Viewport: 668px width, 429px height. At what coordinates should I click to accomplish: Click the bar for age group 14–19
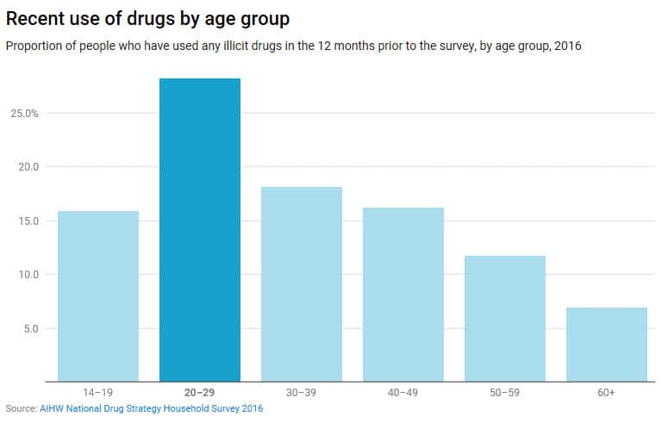(98, 295)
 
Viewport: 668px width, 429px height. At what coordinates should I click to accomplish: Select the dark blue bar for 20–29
(200, 229)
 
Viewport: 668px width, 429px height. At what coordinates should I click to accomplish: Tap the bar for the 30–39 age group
(302, 283)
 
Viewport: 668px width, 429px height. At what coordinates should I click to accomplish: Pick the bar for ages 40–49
(403, 294)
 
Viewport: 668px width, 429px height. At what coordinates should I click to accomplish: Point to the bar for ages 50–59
(505, 318)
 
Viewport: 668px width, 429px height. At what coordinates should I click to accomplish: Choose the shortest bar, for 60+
(607, 344)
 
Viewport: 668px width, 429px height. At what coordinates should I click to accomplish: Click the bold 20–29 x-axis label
(200, 393)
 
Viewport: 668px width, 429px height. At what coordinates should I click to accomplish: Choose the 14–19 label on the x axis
(98, 393)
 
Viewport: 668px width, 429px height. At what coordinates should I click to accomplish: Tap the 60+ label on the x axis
(607, 393)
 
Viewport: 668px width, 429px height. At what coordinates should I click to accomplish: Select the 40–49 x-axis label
(403, 393)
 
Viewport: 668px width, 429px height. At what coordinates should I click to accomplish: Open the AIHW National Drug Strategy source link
(151, 408)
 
